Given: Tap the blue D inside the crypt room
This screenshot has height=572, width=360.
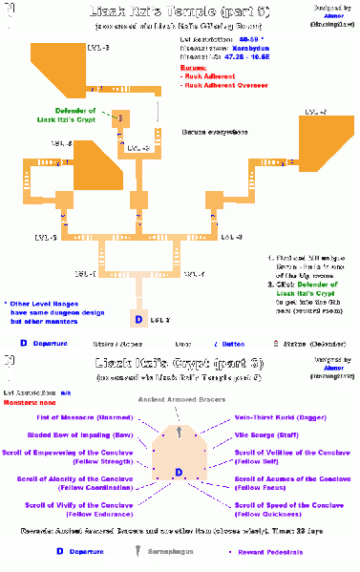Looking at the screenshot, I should pos(179,472).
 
